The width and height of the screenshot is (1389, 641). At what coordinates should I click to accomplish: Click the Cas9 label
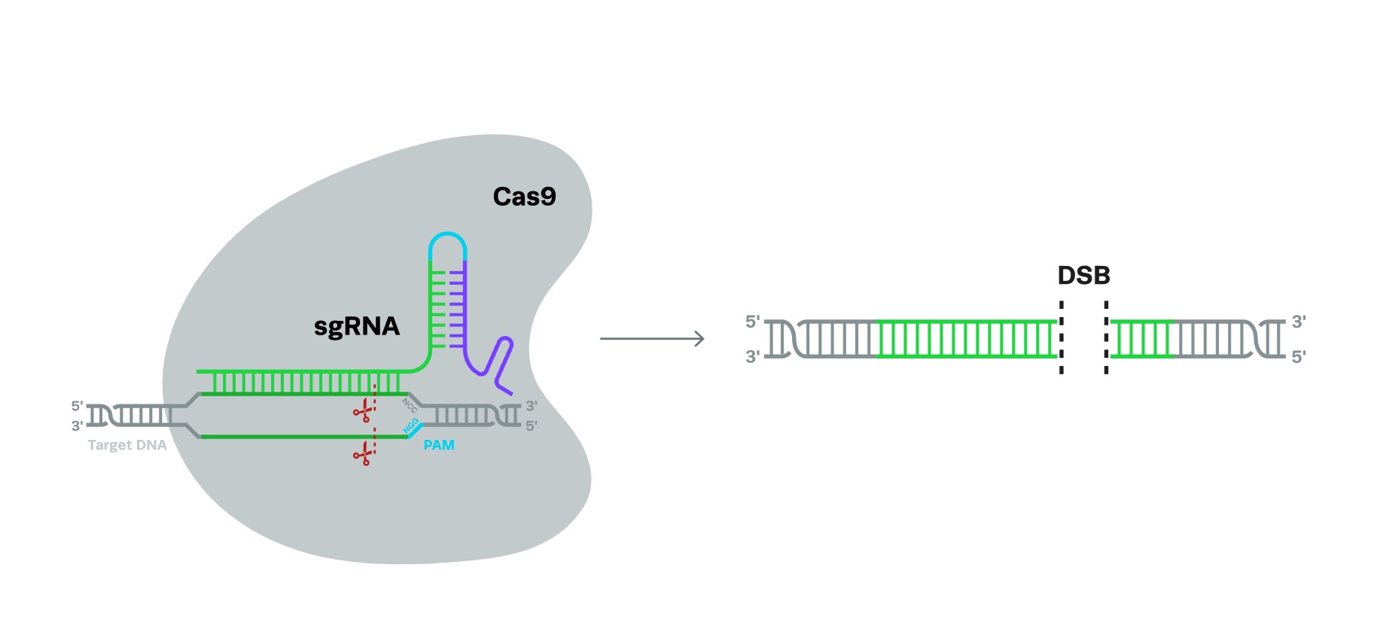tap(524, 197)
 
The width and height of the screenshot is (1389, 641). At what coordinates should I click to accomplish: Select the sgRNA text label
tap(356, 326)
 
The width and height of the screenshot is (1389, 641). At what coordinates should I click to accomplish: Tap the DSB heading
tap(1083, 276)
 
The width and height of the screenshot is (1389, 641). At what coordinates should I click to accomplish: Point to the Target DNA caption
tap(126, 445)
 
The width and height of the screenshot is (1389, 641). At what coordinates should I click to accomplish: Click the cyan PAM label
tap(439, 445)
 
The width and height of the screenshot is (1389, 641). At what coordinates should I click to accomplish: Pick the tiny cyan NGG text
tap(411, 426)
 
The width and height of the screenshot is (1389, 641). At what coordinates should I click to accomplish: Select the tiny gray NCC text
tap(410, 405)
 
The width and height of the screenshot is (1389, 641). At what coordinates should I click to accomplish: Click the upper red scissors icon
tap(364, 411)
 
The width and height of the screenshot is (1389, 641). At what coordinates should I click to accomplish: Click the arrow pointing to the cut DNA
tap(652, 339)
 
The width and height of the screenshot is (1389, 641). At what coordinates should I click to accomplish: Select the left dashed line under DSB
tap(1062, 337)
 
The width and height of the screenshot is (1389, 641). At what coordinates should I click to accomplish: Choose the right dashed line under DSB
tap(1106, 337)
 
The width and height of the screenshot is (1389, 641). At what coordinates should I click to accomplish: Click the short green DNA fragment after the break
tap(1141, 338)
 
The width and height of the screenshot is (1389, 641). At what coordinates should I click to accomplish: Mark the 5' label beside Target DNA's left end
tap(77, 407)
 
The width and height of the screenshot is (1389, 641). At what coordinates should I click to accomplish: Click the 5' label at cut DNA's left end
tap(752, 322)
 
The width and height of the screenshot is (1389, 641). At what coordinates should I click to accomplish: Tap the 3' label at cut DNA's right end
tap(1299, 322)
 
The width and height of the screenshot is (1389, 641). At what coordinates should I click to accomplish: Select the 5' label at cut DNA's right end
tap(1299, 357)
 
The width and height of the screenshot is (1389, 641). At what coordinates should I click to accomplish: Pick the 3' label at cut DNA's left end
tap(752, 357)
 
